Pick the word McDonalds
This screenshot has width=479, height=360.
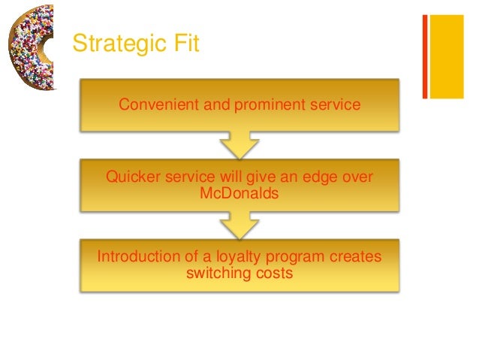pos(239,193)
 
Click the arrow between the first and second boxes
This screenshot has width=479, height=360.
pos(239,144)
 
